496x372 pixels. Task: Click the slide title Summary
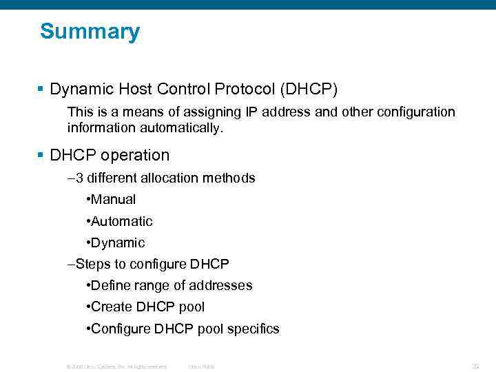click(x=90, y=32)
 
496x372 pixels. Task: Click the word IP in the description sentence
click(x=252, y=112)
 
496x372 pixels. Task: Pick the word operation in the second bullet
click(x=134, y=155)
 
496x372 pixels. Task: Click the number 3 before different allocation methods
click(x=79, y=178)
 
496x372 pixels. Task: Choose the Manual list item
click(x=113, y=200)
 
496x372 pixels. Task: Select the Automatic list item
click(x=121, y=221)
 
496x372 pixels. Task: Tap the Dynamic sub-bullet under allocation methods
click(x=117, y=242)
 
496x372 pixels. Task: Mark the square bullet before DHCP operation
click(x=41, y=156)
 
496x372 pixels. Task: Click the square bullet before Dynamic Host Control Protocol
click(x=41, y=90)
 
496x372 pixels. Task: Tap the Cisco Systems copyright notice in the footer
click(x=116, y=366)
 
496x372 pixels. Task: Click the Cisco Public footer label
click(x=201, y=366)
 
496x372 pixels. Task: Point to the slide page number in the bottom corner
click(x=475, y=366)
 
